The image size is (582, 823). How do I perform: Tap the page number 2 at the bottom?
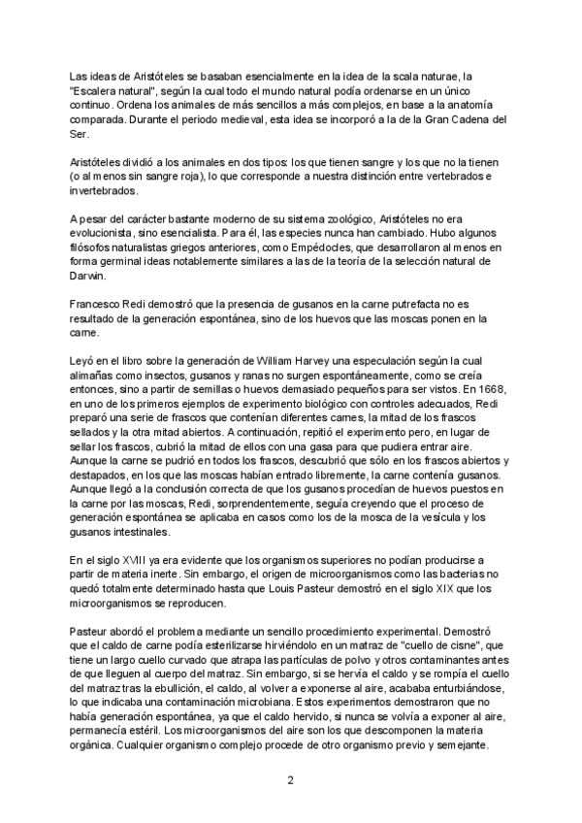[290, 778]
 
